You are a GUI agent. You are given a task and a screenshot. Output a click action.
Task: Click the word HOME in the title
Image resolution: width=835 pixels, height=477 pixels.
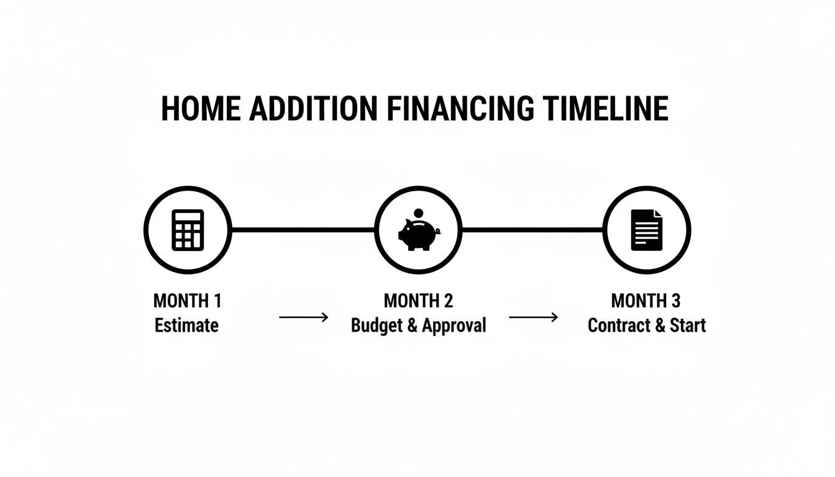(201, 109)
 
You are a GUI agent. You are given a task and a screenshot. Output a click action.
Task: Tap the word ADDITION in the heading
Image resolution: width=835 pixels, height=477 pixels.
(312, 109)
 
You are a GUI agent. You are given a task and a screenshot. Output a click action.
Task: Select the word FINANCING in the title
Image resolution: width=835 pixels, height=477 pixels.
(459, 109)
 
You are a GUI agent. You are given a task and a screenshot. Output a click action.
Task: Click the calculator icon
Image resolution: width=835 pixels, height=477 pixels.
(188, 230)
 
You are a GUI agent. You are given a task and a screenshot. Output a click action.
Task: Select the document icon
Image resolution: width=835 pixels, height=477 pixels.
(647, 230)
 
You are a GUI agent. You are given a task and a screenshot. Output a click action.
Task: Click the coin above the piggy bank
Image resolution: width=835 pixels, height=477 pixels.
(418, 213)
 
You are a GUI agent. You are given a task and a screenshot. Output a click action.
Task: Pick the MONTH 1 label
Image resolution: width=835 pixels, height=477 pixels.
(187, 301)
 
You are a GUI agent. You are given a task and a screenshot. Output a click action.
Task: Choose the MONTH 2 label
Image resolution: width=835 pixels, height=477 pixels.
(418, 301)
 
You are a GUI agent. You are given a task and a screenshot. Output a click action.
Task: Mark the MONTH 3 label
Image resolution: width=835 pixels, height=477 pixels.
(646, 301)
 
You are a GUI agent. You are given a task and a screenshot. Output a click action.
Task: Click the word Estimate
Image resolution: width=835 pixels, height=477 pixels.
(187, 325)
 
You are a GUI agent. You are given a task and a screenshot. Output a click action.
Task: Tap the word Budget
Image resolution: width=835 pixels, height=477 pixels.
(376, 325)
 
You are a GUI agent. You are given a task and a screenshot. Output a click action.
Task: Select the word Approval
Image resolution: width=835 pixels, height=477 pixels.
(454, 325)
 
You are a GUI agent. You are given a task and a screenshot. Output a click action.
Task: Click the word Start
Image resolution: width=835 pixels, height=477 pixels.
(688, 325)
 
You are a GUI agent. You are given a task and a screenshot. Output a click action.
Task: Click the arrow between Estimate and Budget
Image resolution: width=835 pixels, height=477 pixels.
(303, 317)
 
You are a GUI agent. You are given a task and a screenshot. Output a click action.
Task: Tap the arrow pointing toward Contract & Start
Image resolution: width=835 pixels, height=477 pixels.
(533, 317)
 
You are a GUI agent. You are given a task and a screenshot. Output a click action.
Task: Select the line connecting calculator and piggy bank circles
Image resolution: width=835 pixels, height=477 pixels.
(303, 230)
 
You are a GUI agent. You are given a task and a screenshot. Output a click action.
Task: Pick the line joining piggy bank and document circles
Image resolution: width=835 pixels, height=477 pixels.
(532, 230)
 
